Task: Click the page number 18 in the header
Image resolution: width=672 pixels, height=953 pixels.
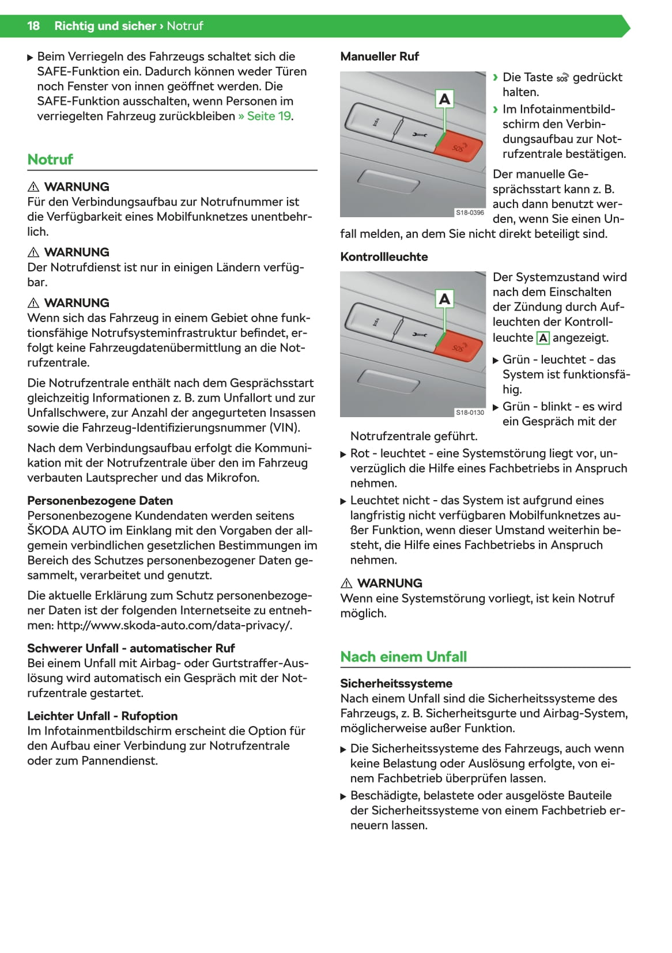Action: point(33,26)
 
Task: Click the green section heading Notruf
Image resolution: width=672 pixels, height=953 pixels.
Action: point(50,160)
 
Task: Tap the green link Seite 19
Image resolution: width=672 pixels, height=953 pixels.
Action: point(269,116)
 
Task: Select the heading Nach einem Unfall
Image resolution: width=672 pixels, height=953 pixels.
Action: point(403,657)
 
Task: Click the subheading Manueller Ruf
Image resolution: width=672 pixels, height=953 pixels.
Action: point(379,56)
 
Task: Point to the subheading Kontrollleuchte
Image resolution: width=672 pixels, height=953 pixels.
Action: point(384,257)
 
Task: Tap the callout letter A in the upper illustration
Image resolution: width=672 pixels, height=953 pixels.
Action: point(444,99)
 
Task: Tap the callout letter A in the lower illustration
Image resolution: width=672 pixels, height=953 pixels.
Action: point(444,299)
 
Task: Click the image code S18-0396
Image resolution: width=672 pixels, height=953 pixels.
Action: point(470,213)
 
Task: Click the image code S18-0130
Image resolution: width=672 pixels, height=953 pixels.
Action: point(470,413)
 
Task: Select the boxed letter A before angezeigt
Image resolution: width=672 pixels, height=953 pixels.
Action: point(543,338)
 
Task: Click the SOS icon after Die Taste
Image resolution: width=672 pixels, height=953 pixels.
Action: point(562,78)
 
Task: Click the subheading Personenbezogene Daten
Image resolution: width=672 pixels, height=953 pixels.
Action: point(100,501)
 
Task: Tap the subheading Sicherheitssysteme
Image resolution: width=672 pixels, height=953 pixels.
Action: point(396,683)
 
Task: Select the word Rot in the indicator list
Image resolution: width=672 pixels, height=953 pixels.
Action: point(360,453)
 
